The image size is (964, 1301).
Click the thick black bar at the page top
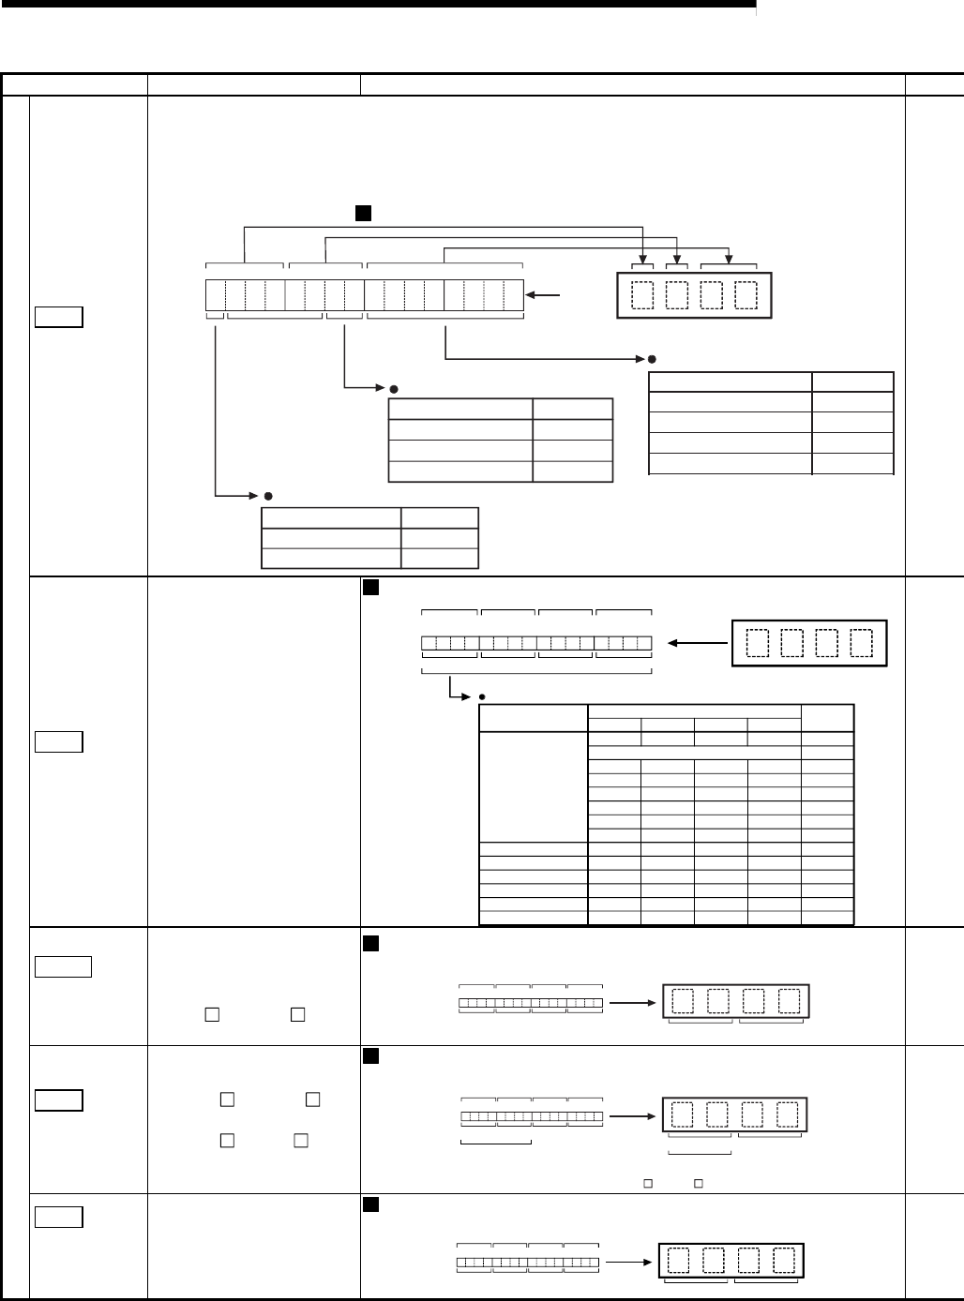coord(375,5)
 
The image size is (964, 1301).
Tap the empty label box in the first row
coord(58,317)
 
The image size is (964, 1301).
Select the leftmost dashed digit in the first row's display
coord(644,295)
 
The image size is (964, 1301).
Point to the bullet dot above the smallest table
coord(268,495)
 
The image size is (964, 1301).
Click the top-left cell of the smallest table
coord(330,518)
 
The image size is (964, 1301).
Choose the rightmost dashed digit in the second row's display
coord(861,643)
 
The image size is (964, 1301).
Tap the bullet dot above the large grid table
coord(481,696)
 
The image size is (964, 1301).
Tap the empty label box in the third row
coord(63,965)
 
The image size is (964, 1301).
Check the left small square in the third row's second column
coord(212,1013)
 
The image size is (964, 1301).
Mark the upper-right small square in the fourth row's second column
coord(313,1099)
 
